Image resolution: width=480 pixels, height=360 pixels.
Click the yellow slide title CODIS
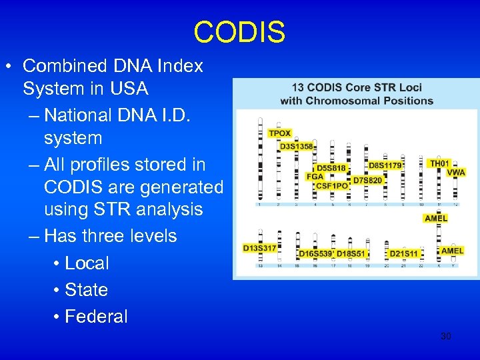[239, 32]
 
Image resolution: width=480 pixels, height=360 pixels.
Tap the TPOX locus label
[279, 133]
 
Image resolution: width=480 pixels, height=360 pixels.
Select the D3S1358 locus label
[296, 146]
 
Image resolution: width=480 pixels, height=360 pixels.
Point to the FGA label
[315, 177]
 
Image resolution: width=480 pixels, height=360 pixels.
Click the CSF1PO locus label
[331, 185]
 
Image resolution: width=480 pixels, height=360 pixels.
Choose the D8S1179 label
[385, 165]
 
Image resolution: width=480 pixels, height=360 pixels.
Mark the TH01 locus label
[439, 163]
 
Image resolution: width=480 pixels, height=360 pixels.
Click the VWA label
[456, 173]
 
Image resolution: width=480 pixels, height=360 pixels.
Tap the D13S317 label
[259, 249]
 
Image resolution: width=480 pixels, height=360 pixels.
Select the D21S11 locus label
[403, 253]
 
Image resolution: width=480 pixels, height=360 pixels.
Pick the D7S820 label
[367, 180]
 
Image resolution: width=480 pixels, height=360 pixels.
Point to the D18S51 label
[351, 253]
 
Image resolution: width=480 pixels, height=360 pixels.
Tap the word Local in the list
[87, 263]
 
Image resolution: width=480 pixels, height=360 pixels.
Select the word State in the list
[86, 290]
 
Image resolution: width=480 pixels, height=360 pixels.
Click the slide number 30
[446, 337]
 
